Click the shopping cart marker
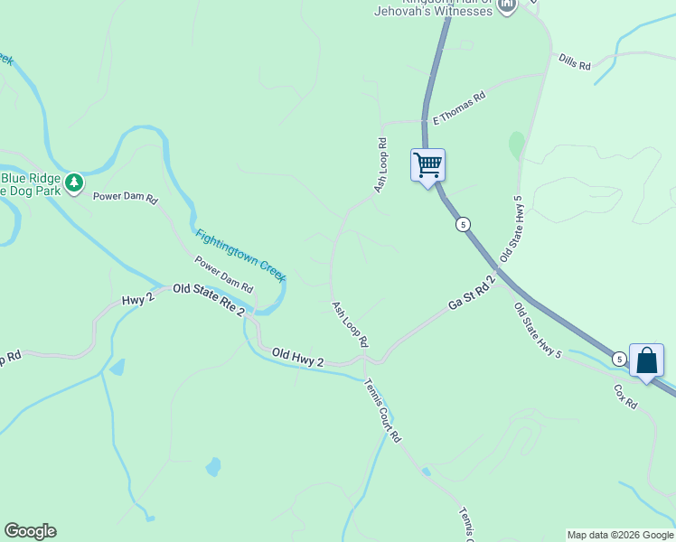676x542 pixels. click(x=427, y=165)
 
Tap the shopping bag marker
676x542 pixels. click(x=646, y=360)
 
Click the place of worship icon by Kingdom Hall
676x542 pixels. click(x=506, y=5)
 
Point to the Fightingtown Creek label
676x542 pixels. click(x=240, y=254)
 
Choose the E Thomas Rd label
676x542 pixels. click(x=459, y=107)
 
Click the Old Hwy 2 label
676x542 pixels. click(x=297, y=358)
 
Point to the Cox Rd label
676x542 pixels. click(x=625, y=397)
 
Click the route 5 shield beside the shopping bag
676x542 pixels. click(x=618, y=359)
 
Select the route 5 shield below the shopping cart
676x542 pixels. click(x=463, y=224)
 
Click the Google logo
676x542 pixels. click(x=30, y=531)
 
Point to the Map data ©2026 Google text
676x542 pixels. click(x=620, y=535)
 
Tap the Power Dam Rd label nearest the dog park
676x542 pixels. click(x=126, y=196)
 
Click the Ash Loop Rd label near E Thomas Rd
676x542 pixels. click(x=381, y=164)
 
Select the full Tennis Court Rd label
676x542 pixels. click(x=382, y=409)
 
